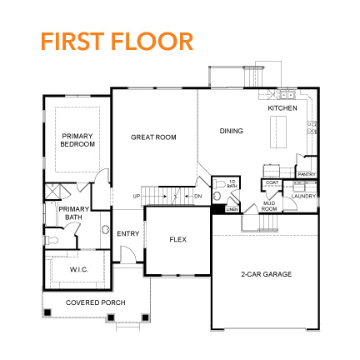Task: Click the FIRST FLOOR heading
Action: (116, 41)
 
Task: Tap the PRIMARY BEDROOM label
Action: (77, 140)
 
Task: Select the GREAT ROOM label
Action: (153, 137)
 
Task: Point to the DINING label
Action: (231, 130)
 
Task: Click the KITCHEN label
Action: (282, 108)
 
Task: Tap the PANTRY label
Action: (305, 174)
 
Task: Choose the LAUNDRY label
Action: (304, 197)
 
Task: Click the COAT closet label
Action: (271, 182)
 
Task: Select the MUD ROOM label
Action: (268, 207)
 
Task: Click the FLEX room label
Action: (177, 239)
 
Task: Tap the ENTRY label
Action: (127, 233)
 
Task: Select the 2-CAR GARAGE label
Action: (266, 274)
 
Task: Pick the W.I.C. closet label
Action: (78, 269)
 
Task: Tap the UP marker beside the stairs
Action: (136, 196)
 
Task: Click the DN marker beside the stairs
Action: (197, 196)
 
